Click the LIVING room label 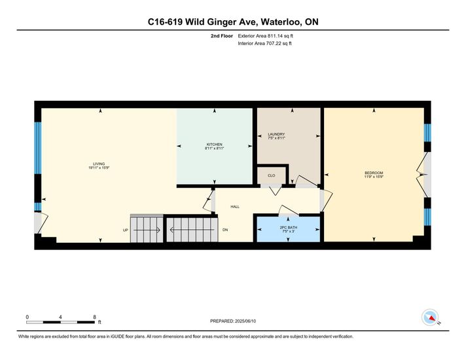click(99, 164)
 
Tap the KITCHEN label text click(214, 145)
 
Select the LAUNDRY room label click(276, 134)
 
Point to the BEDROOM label click(374, 173)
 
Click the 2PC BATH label click(288, 227)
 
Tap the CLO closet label click(272, 175)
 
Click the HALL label click(235, 207)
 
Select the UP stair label click(126, 230)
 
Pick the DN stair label click(225, 230)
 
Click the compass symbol click(431, 317)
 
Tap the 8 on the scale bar click(94, 317)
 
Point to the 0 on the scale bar click(27, 317)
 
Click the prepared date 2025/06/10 click(245, 321)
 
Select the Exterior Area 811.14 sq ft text click(265, 36)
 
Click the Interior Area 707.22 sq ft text click(264, 43)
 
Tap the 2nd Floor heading click(222, 36)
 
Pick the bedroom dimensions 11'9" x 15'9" click(374, 177)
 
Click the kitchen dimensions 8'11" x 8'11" click(214, 148)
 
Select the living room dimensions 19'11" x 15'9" click(99, 168)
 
